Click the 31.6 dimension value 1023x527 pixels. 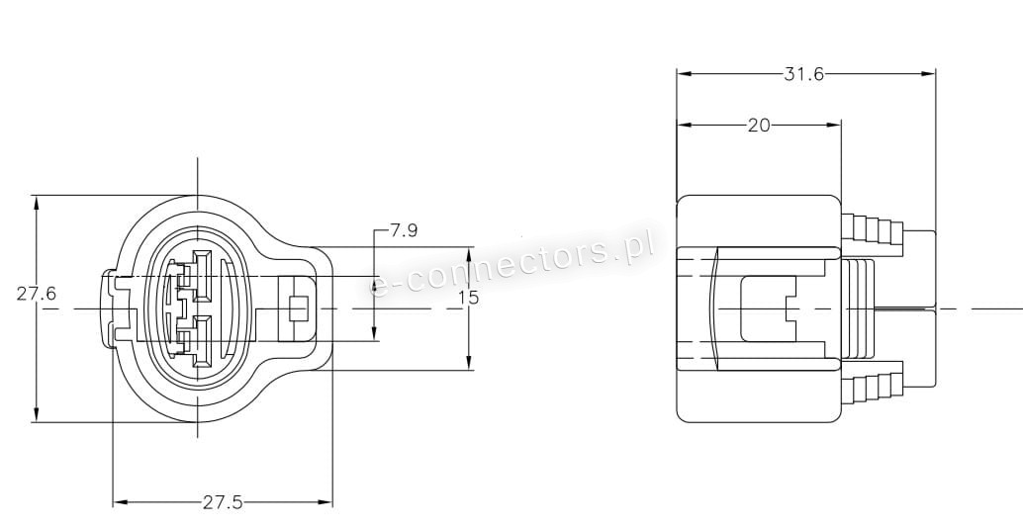803,74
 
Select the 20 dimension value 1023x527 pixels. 759,126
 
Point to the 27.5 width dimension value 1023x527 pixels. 223,502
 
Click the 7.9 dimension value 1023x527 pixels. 404,230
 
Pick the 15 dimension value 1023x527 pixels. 468,298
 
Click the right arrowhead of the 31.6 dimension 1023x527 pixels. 928,74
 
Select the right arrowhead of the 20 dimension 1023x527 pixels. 834,125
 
